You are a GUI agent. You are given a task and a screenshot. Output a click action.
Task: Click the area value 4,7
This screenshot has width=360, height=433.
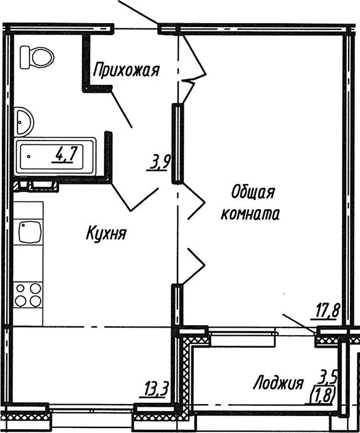pos(65,154)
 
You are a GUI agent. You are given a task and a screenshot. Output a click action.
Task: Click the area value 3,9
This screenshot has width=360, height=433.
pos(160,163)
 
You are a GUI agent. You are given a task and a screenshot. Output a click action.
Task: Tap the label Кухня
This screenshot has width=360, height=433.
pos(107,235)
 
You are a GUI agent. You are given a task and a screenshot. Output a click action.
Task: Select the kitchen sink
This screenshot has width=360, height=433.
pos(29,233)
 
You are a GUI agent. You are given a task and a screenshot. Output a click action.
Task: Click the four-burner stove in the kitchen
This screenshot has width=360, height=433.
pos(29,294)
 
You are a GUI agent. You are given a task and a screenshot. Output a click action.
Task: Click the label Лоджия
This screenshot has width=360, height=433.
pos(278,382)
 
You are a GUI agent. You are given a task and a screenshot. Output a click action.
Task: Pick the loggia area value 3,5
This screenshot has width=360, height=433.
pos(329,378)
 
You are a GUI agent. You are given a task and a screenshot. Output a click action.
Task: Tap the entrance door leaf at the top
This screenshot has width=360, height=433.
pos(137,12)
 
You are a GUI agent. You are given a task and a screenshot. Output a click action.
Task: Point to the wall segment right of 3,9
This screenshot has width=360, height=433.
pos(177,144)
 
